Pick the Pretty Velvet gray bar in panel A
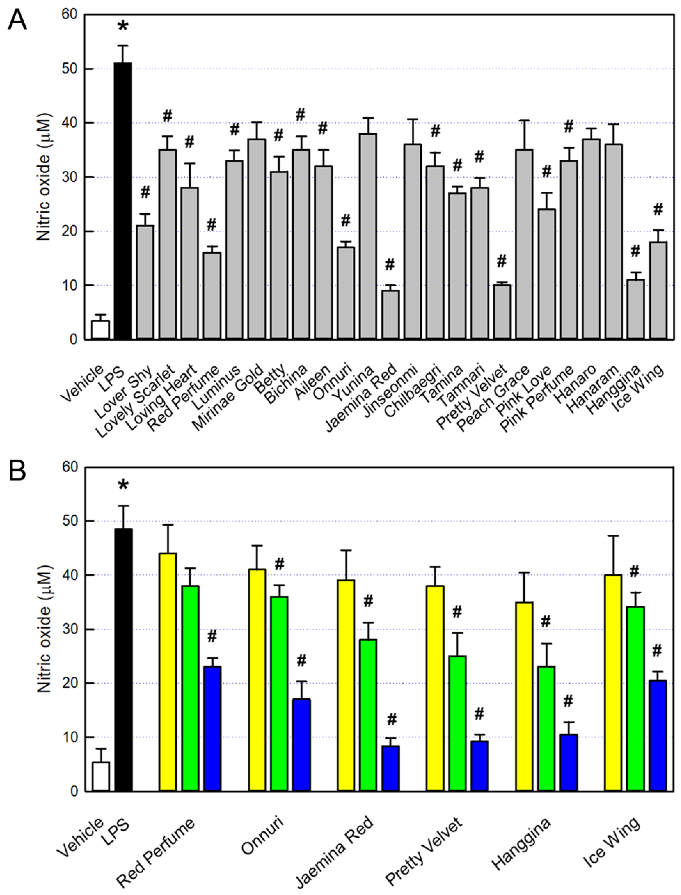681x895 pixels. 502,312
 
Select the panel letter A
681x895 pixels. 17,20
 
